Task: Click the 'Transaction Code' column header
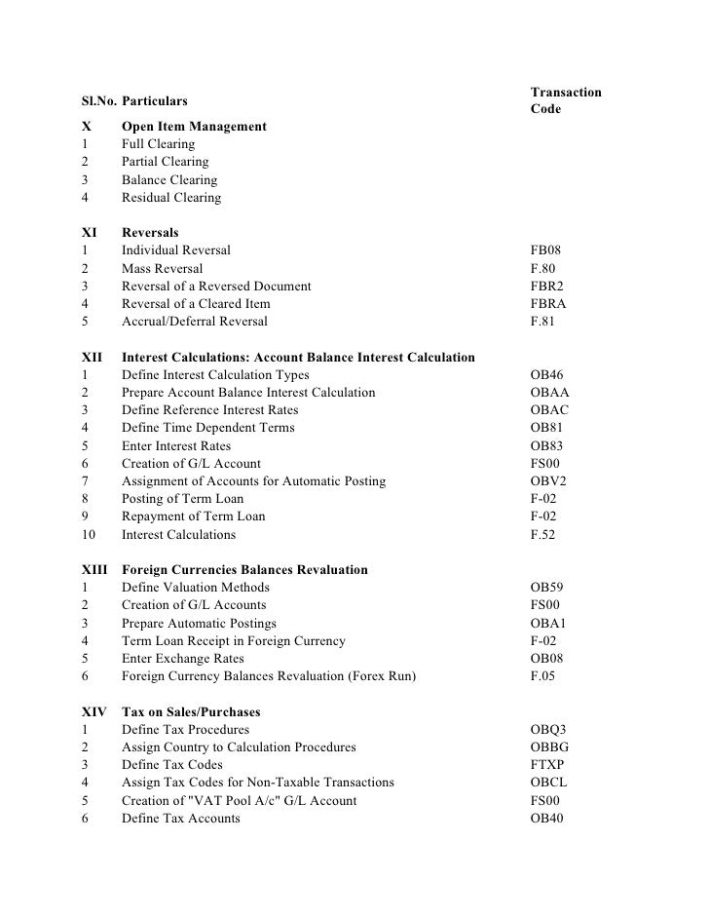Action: (565, 100)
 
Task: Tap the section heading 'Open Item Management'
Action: (194, 127)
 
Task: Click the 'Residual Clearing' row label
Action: (170, 198)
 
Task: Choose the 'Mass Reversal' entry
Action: (162, 268)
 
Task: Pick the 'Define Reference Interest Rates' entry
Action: (209, 410)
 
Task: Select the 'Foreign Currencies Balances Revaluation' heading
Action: (244, 570)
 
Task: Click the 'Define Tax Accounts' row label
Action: (180, 819)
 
